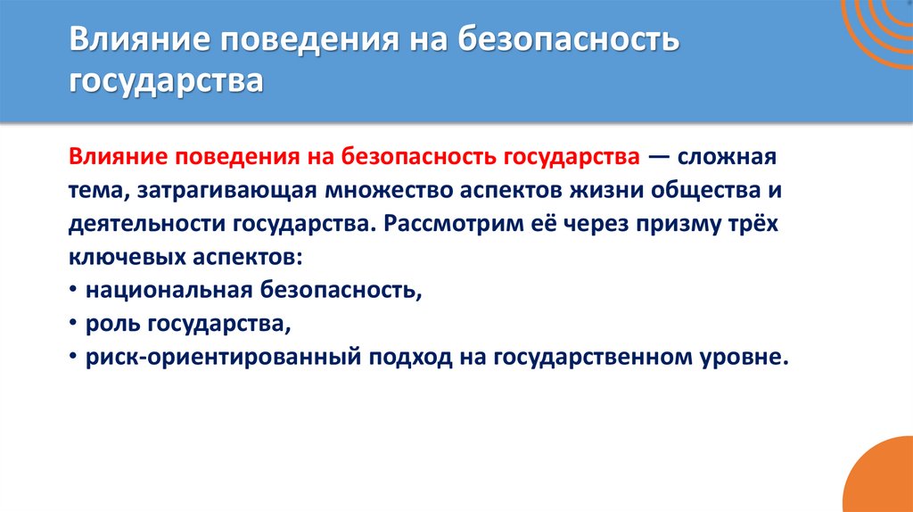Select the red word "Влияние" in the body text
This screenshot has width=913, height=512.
[x=112, y=157]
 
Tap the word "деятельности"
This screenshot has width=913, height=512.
[x=135, y=223]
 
